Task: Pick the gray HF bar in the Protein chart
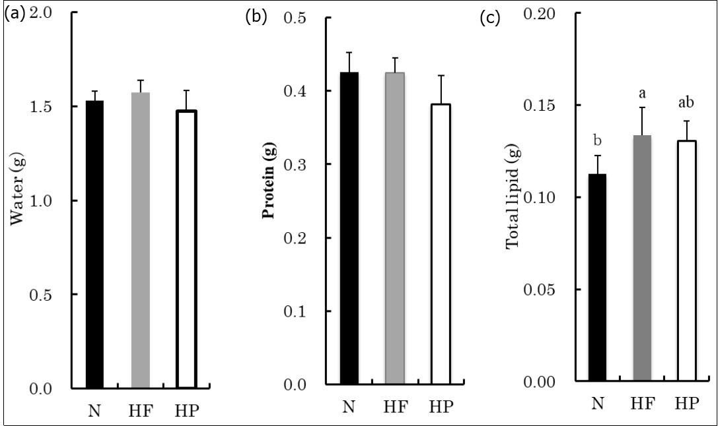(395, 228)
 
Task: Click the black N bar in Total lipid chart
(597, 278)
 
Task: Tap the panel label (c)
(489, 18)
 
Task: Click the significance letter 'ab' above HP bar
(688, 104)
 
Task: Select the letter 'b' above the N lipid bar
(597, 140)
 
